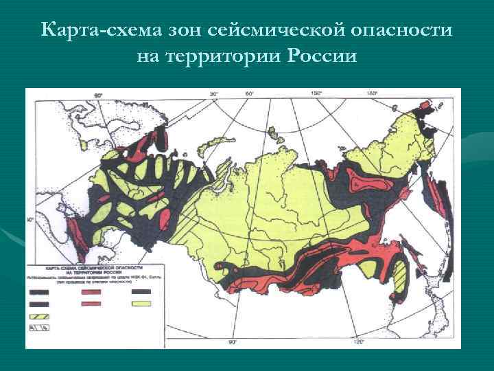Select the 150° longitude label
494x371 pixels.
click(316, 93)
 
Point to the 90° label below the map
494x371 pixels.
click(232, 341)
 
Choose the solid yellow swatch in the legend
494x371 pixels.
click(141, 303)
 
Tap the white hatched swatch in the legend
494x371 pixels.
click(38, 328)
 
